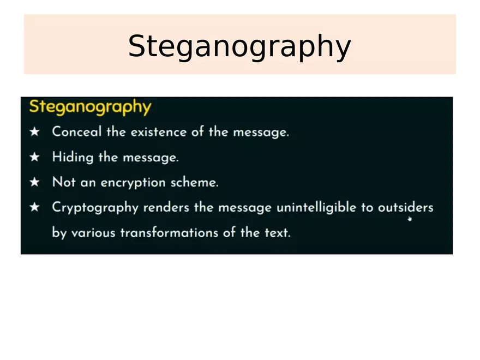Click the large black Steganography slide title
pos(239,46)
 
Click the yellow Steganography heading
pos(90,106)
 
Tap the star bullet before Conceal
pos(35,132)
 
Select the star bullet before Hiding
pos(35,157)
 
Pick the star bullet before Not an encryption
pos(35,182)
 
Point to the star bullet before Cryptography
pos(35,207)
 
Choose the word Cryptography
pos(95,208)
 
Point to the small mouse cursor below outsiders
pos(409,219)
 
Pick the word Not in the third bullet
pos(63,182)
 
